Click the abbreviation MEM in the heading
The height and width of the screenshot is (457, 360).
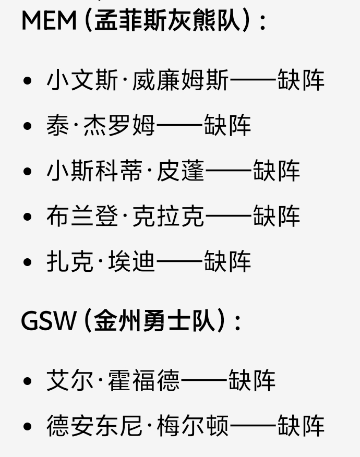tap(49, 20)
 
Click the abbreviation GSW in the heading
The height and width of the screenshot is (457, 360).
tap(49, 320)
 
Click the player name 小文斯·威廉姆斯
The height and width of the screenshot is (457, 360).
tap(138, 81)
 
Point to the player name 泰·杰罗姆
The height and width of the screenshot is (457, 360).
tap(101, 126)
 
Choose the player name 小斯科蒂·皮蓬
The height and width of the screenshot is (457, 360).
tap(125, 171)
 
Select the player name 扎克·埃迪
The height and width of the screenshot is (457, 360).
tap(101, 261)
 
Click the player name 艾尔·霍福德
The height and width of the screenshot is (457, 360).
tap(113, 381)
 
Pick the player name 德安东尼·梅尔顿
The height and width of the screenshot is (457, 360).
tap(138, 426)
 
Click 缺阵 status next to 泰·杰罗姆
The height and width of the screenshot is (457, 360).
tap(227, 126)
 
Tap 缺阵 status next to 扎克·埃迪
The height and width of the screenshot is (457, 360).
tap(227, 261)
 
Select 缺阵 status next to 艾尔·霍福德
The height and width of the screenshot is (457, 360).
tap(252, 381)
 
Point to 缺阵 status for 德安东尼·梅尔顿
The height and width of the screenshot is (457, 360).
tap(301, 426)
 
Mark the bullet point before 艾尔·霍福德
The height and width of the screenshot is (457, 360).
tap(28, 381)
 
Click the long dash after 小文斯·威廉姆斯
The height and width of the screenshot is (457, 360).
tap(253, 81)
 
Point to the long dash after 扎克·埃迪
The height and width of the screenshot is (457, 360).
tap(179, 261)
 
